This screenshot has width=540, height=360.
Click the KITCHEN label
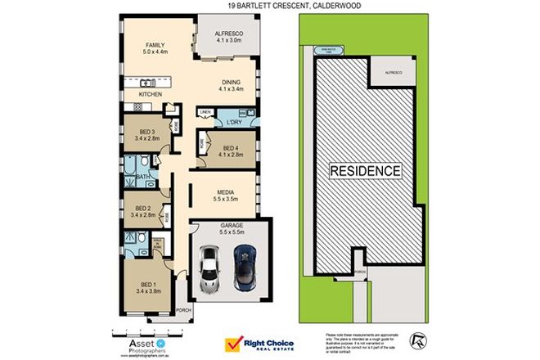click(151, 95)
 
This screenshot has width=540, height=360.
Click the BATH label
click(142, 176)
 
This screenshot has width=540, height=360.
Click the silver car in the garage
click(210, 268)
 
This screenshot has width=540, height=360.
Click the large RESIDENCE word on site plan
click(366, 171)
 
